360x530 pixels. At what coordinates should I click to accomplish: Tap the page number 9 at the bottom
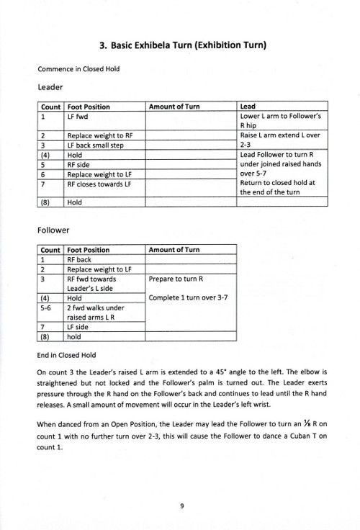point(182,506)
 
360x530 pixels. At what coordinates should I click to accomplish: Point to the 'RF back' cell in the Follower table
point(79,259)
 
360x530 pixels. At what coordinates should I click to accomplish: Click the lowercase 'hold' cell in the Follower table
point(74,336)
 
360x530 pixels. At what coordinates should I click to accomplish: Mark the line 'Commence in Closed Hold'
point(78,69)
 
